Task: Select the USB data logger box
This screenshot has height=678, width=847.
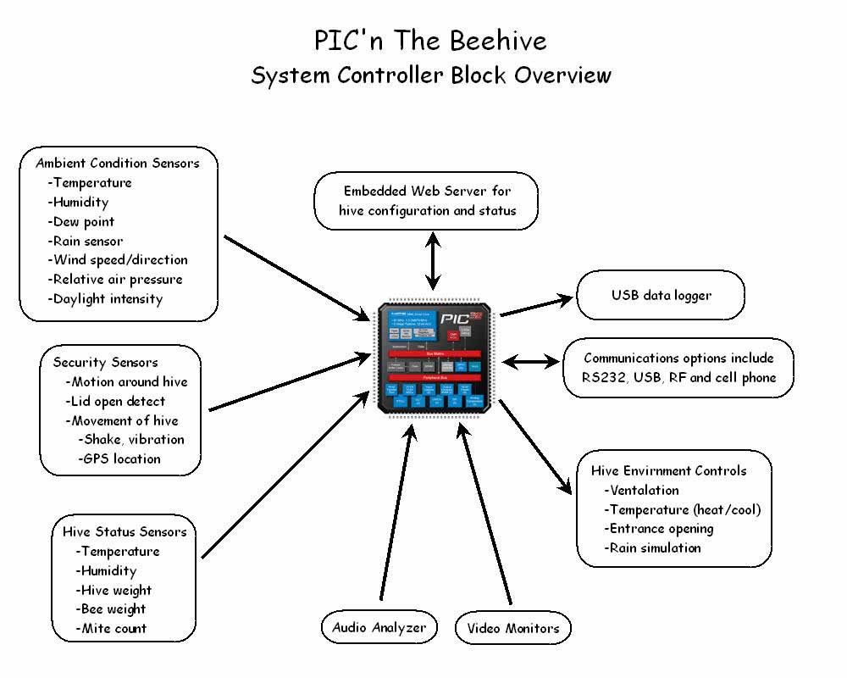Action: [x=661, y=296]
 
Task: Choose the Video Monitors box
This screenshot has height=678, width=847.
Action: [x=513, y=628]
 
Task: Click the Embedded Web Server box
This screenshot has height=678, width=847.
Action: [x=426, y=200]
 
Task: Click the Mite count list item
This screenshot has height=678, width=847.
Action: [x=113, y=628]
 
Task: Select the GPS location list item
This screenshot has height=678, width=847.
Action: [x=121, y=458]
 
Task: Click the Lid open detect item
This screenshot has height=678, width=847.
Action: [x=117, y=401]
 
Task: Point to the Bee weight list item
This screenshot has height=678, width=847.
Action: [x=113, y=609]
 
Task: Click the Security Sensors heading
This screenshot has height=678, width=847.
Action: [x=106, y=362]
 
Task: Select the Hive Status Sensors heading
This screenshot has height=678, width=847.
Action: [x=125, y=531]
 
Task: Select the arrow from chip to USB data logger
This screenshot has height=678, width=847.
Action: [x=537, y=306]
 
